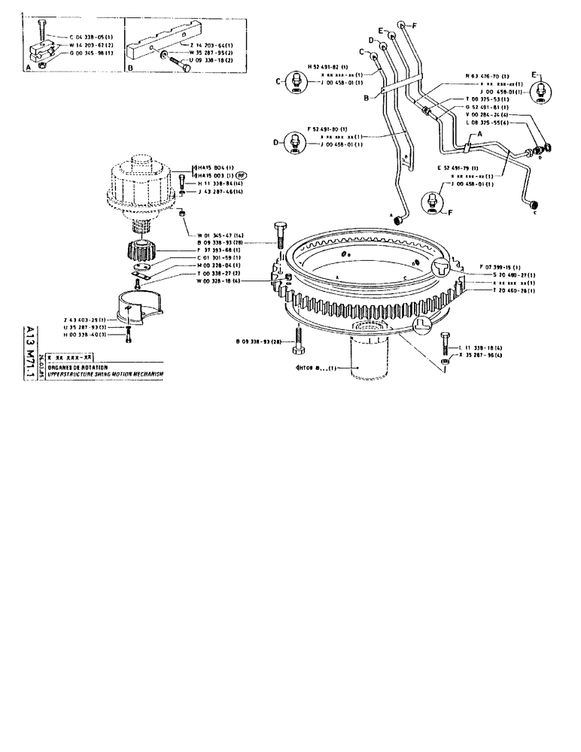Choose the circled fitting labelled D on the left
coord(295,144)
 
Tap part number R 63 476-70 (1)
coord(487,76)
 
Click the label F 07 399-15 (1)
coord(499,267)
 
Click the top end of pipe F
coord(403,26)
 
